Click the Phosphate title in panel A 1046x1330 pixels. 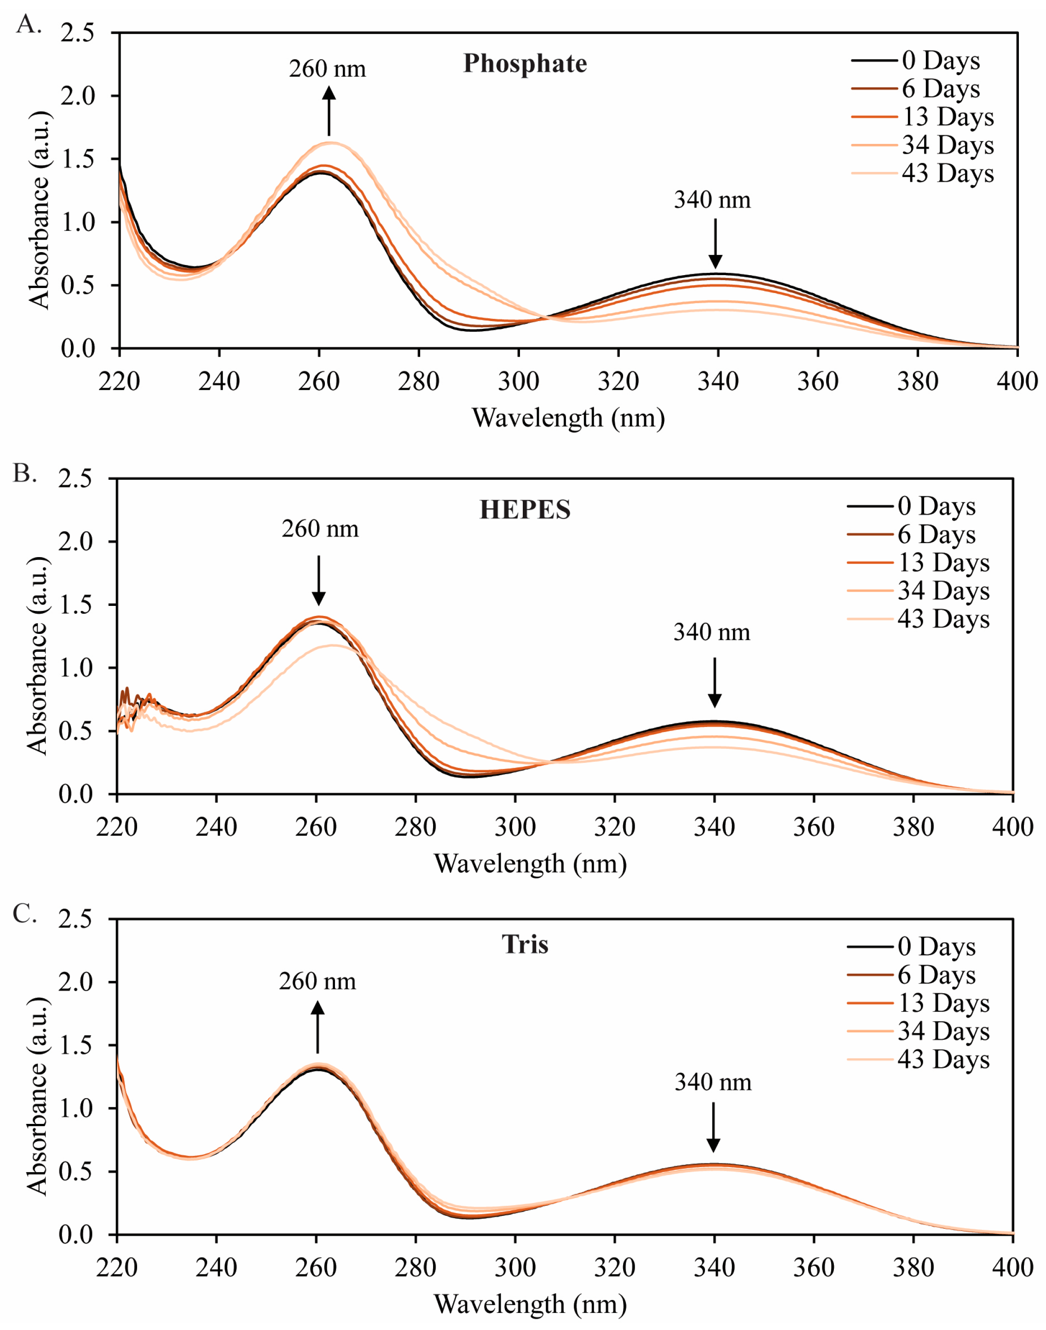tap(525, 63)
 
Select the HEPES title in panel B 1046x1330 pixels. tap(525, 510)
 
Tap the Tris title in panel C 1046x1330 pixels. tap(525, 944)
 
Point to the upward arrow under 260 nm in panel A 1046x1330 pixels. tap(329, 110)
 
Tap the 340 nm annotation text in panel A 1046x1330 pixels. tap(712, 200)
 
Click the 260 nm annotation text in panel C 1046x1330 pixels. tap(317, 981)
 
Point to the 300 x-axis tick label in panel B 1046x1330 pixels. tap(515, 828)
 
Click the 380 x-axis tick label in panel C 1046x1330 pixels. tap(913, 1267)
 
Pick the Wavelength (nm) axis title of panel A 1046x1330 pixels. tap(568, 418)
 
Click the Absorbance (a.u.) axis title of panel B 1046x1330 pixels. tap(37, 656)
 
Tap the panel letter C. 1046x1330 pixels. tap(24, 913)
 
